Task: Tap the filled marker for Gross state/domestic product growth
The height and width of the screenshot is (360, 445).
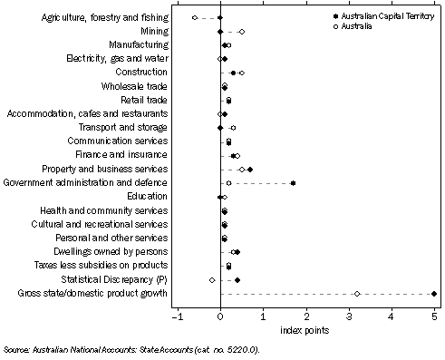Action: coord(435,293)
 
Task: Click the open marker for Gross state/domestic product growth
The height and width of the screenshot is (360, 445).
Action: coord(357,293)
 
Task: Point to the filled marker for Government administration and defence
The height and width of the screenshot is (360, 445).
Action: coord(293,183)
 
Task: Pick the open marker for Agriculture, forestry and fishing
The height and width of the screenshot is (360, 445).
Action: coord(195,17)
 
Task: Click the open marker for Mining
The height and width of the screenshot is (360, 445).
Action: coord(241,31)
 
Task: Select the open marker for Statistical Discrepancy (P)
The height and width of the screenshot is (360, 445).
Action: coord(212,279)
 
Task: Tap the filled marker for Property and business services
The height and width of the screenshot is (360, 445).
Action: coord(250,169)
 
